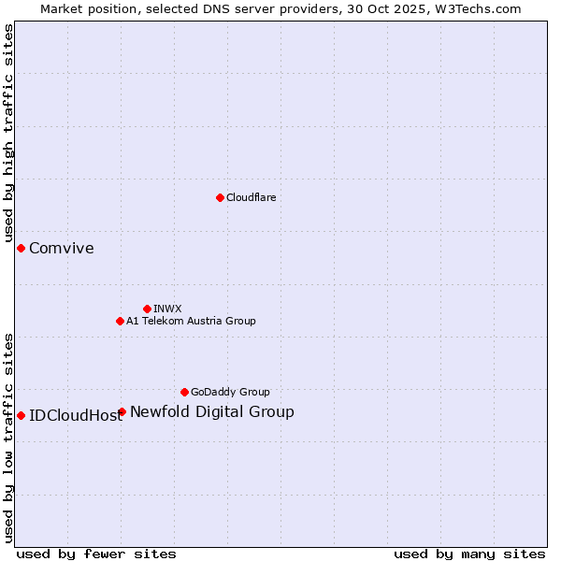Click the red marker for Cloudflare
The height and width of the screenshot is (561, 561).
[x=220, y=197]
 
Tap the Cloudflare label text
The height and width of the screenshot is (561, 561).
[x=251, y=197]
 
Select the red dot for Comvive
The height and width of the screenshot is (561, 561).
[x=21, y=248]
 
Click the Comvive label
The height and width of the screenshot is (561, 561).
[x=61, y=248]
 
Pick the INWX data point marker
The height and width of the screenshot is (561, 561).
[x=147, y=309]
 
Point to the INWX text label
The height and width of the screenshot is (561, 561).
[x=167, y=309]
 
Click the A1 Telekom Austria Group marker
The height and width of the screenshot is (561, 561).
[x=120, y=321]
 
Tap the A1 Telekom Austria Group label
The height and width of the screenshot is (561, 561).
[x=191, y=321]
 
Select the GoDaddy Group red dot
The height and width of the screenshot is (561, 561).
[x=184, y=392]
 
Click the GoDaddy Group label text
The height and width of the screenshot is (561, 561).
[x=230, y=392]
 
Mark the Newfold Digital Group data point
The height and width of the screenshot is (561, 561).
[x=122, y=411]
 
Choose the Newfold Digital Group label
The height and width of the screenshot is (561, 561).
[x=211, y=411]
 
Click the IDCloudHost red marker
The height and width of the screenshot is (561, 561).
[x=21, y=415]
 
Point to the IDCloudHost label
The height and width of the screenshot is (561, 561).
[x=75, y=416]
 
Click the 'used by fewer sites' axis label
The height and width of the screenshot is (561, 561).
[x=96, y=554]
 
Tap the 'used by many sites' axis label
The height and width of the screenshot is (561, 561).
[x=469, y=554]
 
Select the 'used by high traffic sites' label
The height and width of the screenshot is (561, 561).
[x=9, y=134]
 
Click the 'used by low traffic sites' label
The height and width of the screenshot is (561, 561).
[x=9, y=437]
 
